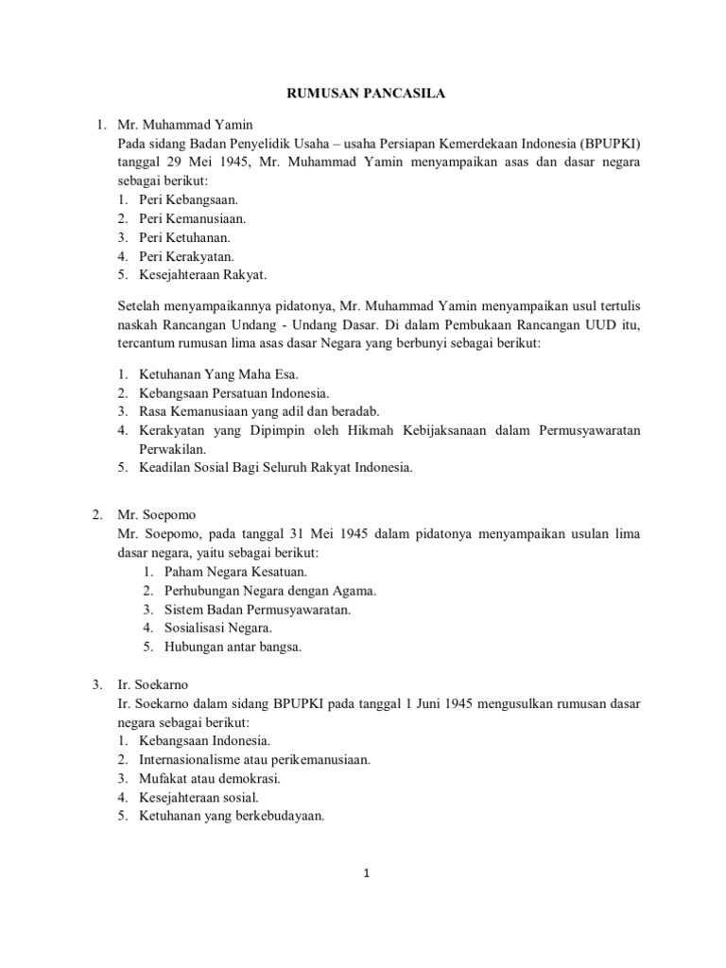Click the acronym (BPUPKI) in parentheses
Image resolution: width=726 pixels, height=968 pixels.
607,143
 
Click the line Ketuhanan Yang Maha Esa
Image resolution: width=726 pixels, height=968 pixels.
204,373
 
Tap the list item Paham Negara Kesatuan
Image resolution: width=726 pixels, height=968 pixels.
234,572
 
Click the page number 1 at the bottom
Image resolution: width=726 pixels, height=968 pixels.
365,873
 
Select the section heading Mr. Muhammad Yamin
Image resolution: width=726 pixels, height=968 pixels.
184,124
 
